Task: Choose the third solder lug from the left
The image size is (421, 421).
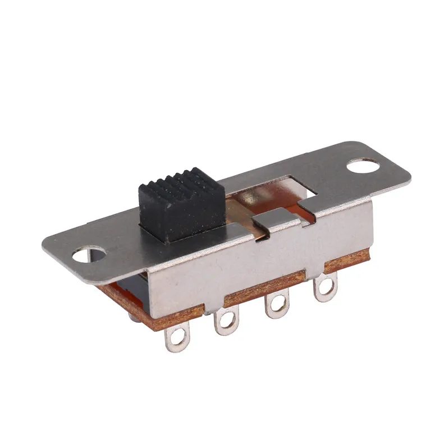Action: [x=276, y=305]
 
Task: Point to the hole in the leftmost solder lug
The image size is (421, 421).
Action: [x=177, y=338]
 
